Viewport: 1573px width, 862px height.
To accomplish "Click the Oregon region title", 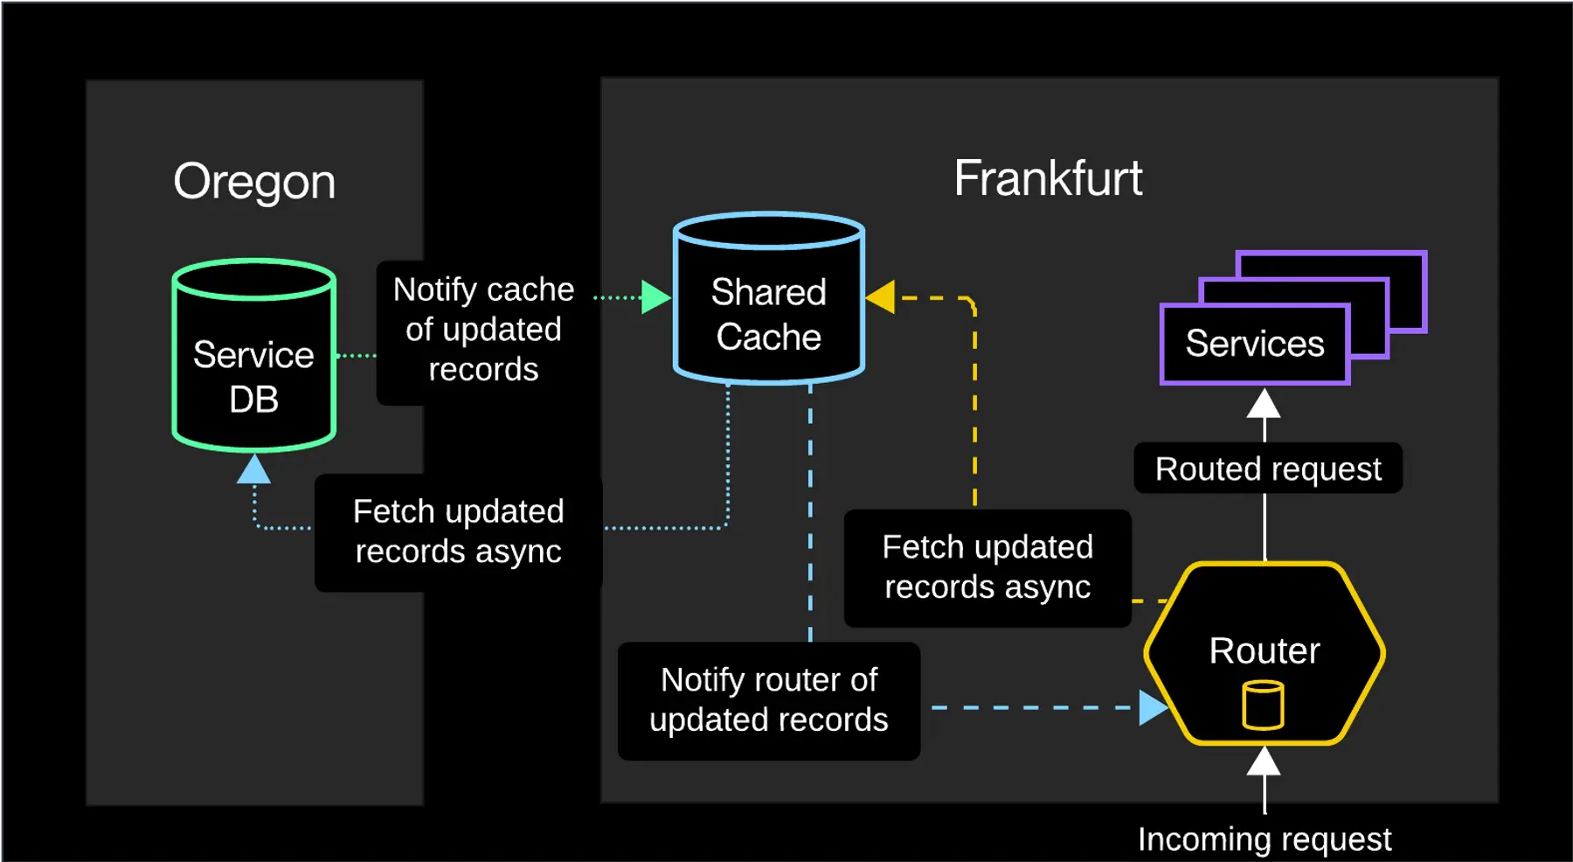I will pos(254,182).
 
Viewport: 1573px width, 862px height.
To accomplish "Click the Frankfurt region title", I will pos(1048,178).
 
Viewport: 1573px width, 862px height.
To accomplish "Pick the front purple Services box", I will pos(1254,344).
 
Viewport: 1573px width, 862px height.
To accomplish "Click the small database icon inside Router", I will pos(1263,706).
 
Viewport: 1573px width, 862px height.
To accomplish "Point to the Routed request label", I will pos(1267,469).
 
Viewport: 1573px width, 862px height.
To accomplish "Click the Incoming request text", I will pos(1264,839).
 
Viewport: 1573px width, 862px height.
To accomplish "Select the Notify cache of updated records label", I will pos(483,330).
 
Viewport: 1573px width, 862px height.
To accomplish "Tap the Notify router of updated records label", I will pos(768,700).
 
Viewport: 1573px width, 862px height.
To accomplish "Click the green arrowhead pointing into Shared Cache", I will pos(655,297).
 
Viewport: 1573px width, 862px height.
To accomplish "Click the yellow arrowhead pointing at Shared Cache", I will pos(881,297).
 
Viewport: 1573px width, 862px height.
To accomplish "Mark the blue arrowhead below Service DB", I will pos(253,470).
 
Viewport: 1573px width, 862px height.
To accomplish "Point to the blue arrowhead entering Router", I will pos(1153,707).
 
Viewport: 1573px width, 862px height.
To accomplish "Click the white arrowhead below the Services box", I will pos(1264,404).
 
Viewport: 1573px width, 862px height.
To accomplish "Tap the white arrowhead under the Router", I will pos(1264,762).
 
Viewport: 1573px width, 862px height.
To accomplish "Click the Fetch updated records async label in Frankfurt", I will pos(987,567).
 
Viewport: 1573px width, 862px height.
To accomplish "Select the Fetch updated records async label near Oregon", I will pos(458,532).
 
